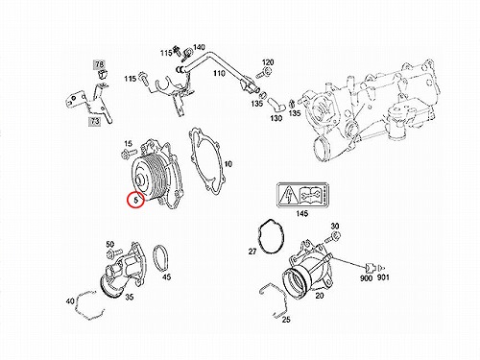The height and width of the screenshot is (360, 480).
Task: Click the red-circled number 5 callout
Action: [136, 201]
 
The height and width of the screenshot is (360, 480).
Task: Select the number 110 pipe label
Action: [219, 74]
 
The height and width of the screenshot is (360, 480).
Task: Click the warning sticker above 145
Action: [302, 196]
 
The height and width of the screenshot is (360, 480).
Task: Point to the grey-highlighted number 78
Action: [100, 64]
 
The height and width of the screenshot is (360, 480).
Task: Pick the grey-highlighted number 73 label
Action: [95, 121]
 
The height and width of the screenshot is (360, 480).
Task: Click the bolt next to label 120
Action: [263, 73]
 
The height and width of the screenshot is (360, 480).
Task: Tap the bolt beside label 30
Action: [333, 237]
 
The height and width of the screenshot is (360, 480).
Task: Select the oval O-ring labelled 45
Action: [154, 258]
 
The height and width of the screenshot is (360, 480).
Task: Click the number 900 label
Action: [366, 278]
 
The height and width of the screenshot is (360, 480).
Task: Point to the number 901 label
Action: [383, 277]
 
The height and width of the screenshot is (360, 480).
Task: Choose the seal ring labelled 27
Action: [259, 237]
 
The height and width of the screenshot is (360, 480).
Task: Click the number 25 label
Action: [286, 320]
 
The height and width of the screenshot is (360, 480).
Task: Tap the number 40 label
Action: [70, 301]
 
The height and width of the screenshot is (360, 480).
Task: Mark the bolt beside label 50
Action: [113, 253]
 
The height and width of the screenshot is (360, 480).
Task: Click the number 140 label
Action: [199, 47]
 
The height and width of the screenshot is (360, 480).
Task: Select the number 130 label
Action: [276, 118]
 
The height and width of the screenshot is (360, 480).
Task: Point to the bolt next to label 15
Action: [129, 154]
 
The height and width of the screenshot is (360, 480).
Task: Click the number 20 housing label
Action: [320, 296]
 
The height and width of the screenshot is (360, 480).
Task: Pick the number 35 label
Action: [129, 298]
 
